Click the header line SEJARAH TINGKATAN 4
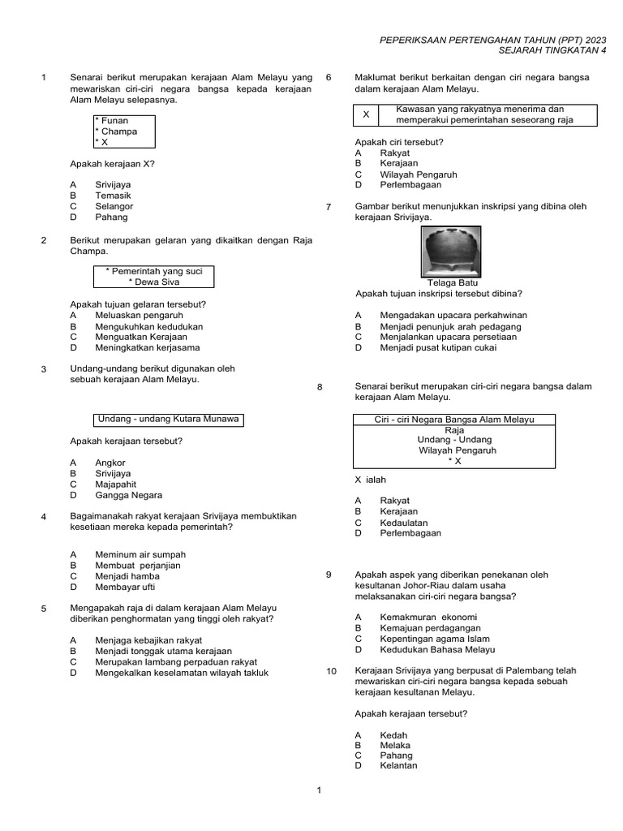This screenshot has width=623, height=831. pyautogui.click(x=539, y=50)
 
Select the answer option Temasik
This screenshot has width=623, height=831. pyautogui.click(x=113, y=196)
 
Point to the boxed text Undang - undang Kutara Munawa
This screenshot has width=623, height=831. pyautogui.click(x=169, y=419)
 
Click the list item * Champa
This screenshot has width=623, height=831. pyautogui.click(x=117, y=131)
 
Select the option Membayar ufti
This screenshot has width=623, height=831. pyautogui.click(x=124, y=587)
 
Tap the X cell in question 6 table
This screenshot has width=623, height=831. pyautogui.click(x=366, y=115)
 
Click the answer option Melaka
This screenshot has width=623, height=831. pyautogui.click(x=395, y=745)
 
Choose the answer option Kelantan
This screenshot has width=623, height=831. pyautogui.click(x=398, y=765)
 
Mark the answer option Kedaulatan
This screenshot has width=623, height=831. pyautogui.click(x=404, y=523)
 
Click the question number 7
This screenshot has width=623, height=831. pyautogui.click(x=329, y=207)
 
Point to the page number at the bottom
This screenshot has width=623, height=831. pyautogui.click(x=320, y=790)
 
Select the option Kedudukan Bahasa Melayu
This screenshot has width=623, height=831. pyautogui.click(x=436, y=649)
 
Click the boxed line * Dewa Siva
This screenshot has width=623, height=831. pyautogui.click(x=154, y=282)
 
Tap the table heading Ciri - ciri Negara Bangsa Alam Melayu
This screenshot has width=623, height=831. pyautogui.click(x=454, y=419)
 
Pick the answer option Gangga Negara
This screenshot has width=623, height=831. pyautogui.click(x=128, y=495)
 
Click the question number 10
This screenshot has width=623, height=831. pyautogui.click(x=331, y=671)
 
